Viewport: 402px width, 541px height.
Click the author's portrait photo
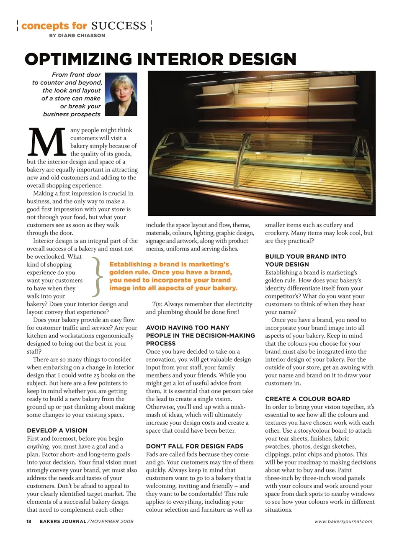(121, 94)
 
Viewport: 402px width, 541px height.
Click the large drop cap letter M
(46, 142)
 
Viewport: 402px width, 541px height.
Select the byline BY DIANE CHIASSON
(77, 36)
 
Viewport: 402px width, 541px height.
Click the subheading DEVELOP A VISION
(57, 430)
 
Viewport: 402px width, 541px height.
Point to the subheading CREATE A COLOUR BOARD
(307, 399)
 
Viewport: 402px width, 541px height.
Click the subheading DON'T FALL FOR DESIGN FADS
(194, 446)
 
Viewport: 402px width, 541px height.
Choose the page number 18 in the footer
(29, 521)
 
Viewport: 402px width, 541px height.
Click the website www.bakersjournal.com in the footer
(343, 521)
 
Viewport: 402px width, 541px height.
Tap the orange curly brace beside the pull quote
(97, 276)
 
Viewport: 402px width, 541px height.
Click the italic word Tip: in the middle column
(157, 304)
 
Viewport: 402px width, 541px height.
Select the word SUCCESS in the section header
(119, 26)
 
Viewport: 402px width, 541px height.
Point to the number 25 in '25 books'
(96, 375)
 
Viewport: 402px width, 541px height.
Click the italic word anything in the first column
(38, 447)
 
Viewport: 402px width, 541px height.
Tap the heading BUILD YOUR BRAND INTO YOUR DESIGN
(305, 260)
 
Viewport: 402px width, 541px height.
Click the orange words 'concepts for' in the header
(54, 26)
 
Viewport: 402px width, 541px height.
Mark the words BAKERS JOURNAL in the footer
(63, 521)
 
